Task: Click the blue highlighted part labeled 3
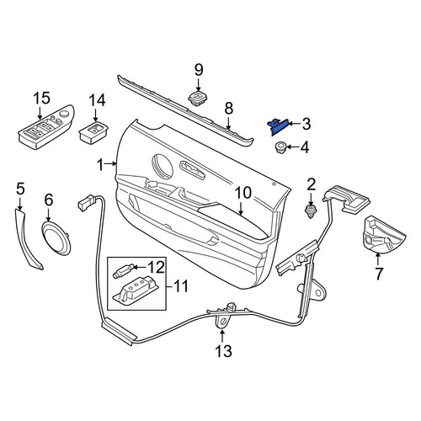[278, 126]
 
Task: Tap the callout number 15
[42, 99]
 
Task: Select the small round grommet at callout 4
[280, 147]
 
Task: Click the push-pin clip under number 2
[311, 212]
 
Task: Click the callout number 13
[223, 351]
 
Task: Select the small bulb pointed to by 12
[123, 271]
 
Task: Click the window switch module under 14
[93, 132]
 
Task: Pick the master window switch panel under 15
[46, 128]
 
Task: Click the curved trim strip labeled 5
[29, 238]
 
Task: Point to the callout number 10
[243, 193]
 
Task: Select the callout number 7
[379, 274]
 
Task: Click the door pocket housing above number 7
[383, 234]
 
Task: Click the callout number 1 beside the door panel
[100, 165]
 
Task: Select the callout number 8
[229, 109]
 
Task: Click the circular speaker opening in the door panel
[163, 166]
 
